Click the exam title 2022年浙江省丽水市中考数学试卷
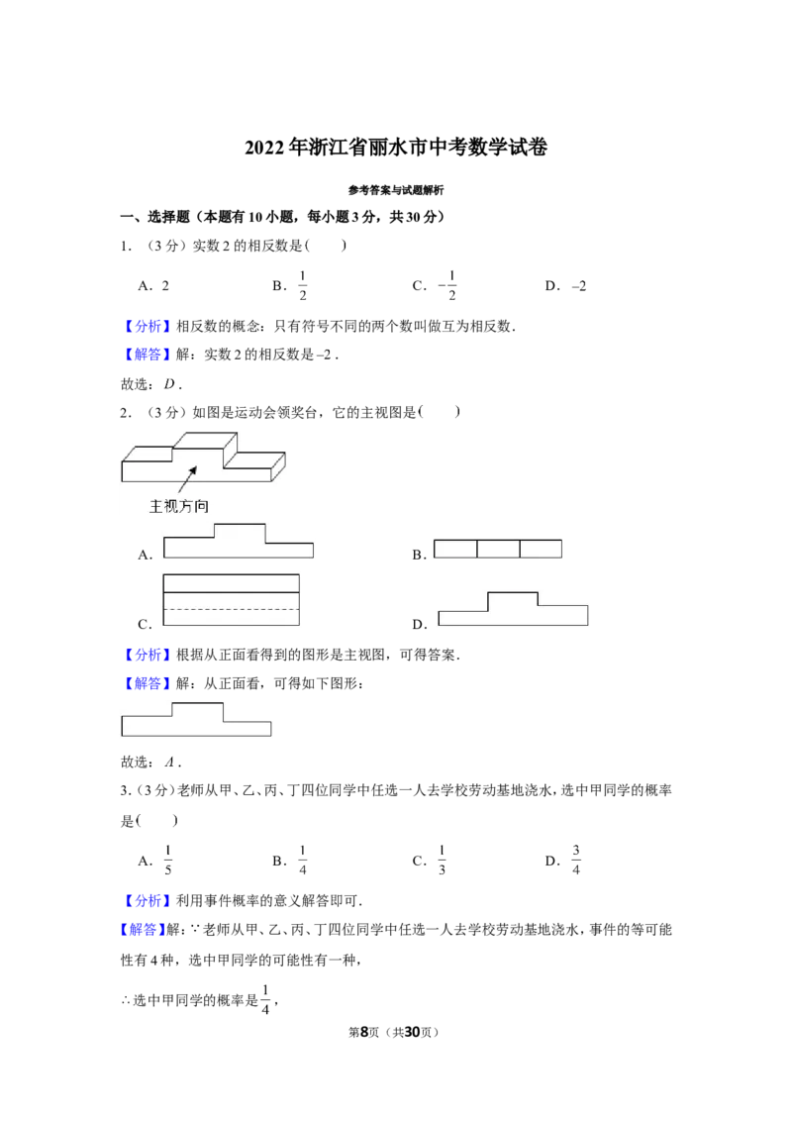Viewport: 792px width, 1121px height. pyautogui.click(x=396, y=148)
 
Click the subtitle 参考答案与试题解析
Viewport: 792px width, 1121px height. pyautogui.click(x=396, y=190)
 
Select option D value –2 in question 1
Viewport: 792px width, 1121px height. pyautogui.click(x=579, y=286)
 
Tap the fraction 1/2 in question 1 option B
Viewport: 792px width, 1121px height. pyautogui.click(x=302, y=285)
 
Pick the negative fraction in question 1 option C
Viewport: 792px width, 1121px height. pyautogui.click(x=447, y=285)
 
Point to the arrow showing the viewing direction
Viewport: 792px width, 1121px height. pyautogui.click(x=187, y=479)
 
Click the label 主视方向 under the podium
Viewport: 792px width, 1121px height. pyautogui.click(x=179, y=506)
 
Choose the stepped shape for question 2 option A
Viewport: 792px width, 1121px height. pyautogui.click(x=239, y=541)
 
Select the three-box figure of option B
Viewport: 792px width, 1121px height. pyautogui.click(x=498, y=549)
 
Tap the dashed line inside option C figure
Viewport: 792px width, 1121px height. pyautogui.click(x=232, y=609)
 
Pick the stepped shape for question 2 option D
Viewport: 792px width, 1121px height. pyautogui.click(x=513, y=608)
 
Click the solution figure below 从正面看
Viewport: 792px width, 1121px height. pyautogui.click(x=197, y=719)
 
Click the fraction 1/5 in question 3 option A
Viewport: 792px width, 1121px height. pyautogui.click(x=168, y=860)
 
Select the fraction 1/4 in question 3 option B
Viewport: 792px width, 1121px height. pyautogui.click(x=302, y=860)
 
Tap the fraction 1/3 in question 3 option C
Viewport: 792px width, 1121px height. pyautogui.click(x=442, y=860)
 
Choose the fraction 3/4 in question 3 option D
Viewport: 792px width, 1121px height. pyautogui.click(x=576, y=860)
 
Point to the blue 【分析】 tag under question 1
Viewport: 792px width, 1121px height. pyautogui.click(x=148, y=326)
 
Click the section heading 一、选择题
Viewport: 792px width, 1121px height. pyautogui.click(x=154, y=217)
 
